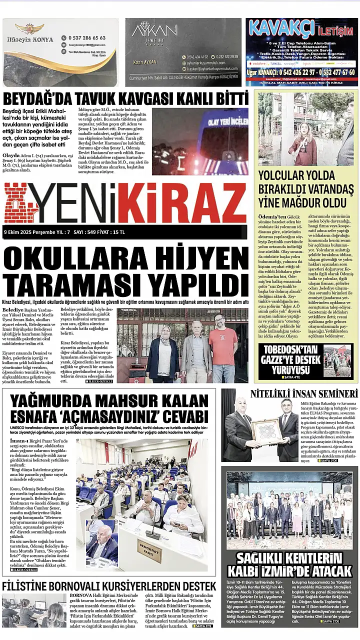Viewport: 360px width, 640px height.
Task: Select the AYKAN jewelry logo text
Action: (x=148, y=31)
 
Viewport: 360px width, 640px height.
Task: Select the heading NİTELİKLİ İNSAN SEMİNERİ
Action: (x=303, y=393)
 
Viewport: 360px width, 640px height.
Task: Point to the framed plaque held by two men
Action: (x=267, y=431)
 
